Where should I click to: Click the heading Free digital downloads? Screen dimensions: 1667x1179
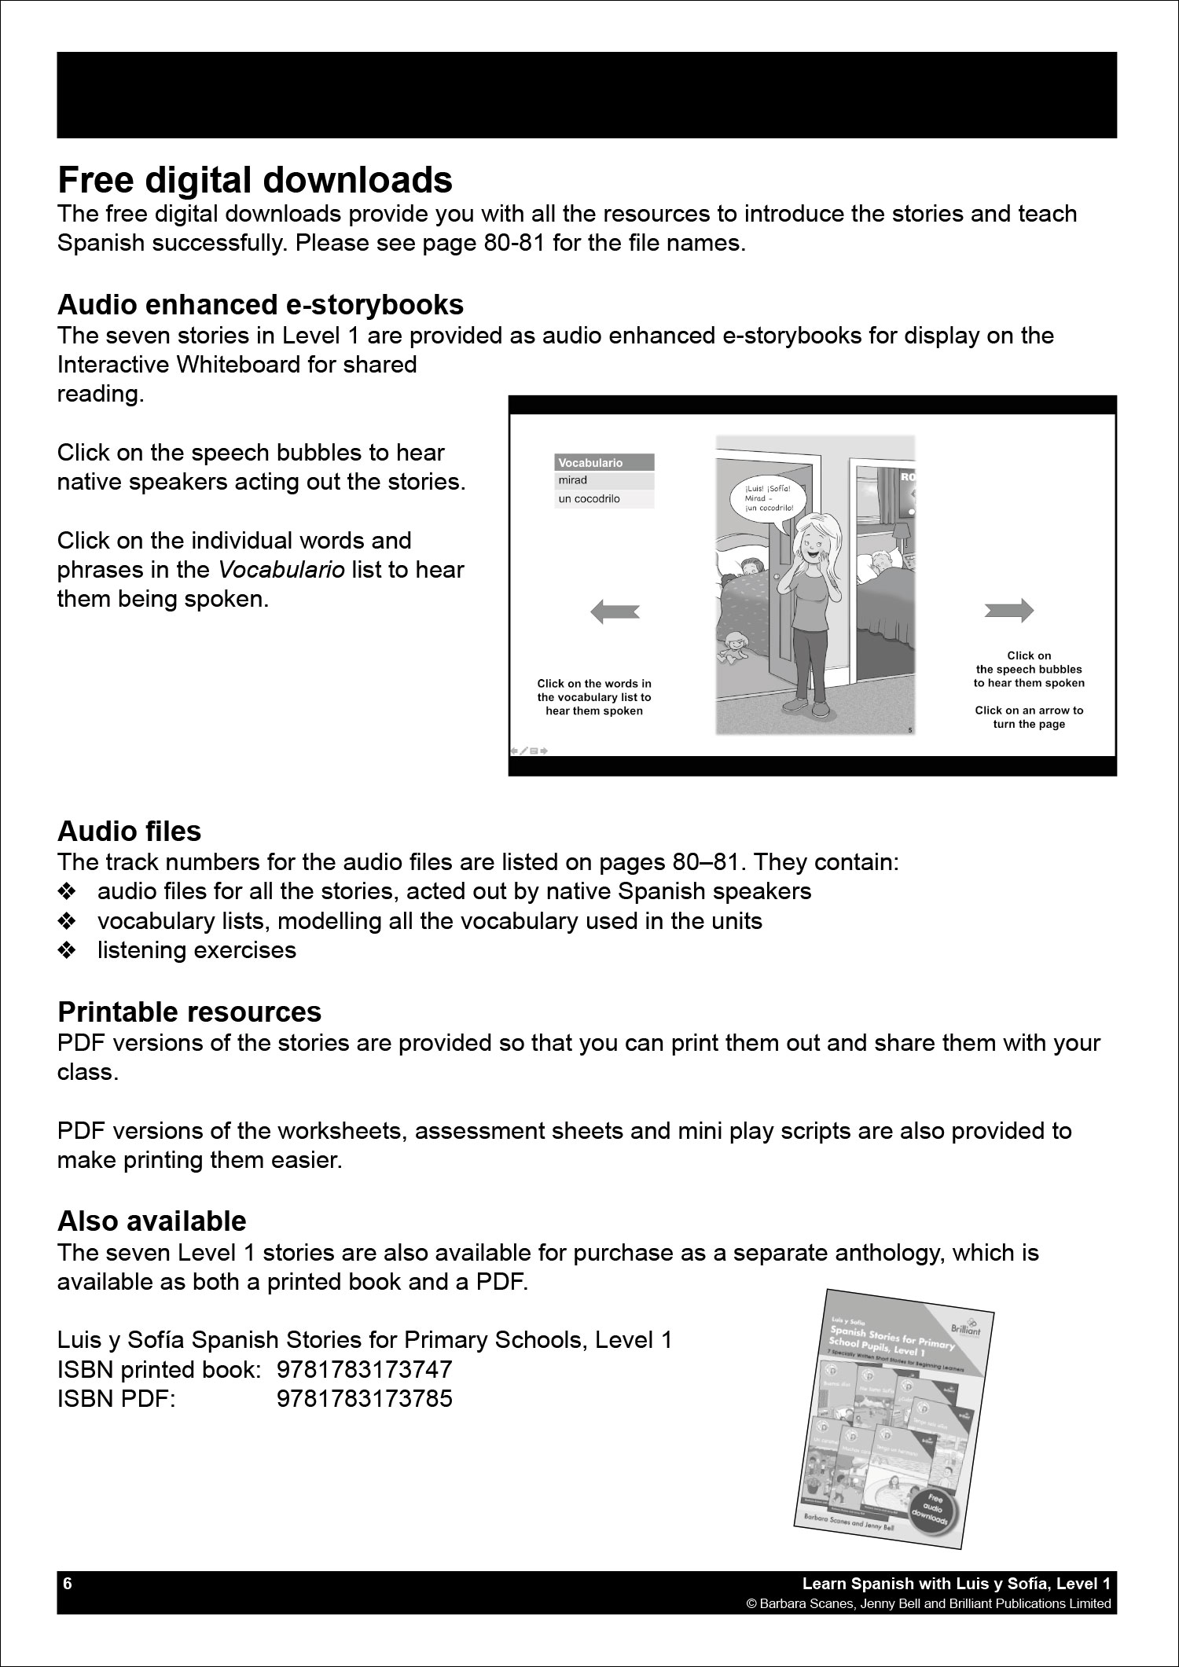tap(255, 181)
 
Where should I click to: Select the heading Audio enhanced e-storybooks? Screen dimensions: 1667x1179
tap(260, 304)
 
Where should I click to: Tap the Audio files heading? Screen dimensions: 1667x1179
tap(129, 831)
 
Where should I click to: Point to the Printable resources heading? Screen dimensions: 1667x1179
tap(189, 1012)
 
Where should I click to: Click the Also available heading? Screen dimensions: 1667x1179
tap(152, 1221)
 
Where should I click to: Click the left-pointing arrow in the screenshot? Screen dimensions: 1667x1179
tap(615, 611)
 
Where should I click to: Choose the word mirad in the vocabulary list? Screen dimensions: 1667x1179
tap(573, 480)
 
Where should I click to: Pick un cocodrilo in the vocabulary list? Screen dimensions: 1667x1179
tap(589, 499)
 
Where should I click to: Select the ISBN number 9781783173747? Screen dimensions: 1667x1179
tap(365, 1369)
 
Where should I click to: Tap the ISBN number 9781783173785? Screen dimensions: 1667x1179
tap(365, 1399)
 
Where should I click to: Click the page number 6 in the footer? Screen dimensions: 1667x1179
tap(68, 1583)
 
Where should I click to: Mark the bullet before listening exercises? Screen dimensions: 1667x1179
tap(67, 950)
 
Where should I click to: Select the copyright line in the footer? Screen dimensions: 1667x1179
tap(928, 1603)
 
